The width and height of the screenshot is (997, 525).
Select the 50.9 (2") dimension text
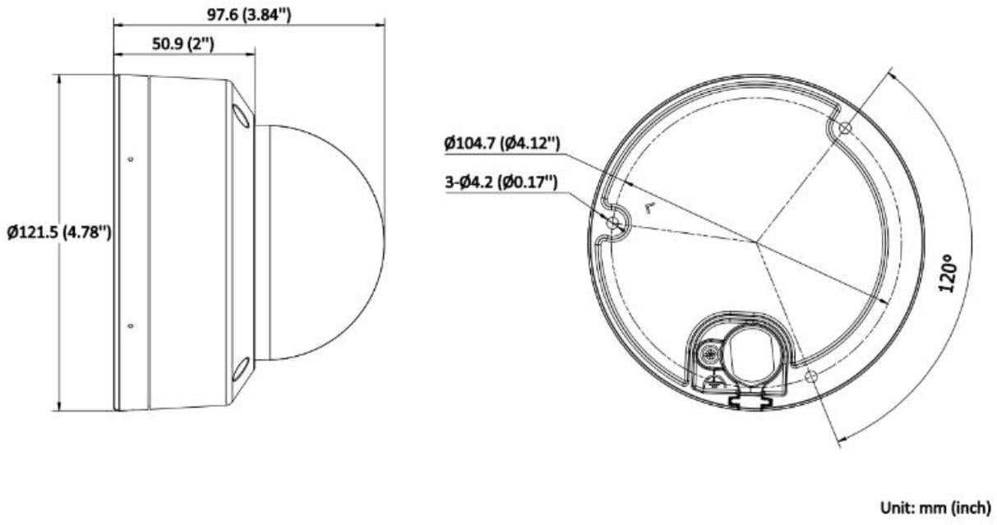pyautogui.click(x=183, y=45)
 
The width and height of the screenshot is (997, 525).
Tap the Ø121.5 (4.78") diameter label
pyautogui.click(x=58, y=233)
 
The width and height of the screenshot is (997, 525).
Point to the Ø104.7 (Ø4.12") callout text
pyautogui.click(x=502, y=144)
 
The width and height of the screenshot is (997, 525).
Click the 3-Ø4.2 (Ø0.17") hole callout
pyautogui.click(x=501, y=182)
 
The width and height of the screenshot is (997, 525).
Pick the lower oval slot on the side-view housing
pyautogui.click(x=242, y=371)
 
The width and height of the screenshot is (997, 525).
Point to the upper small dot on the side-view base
pyautogui.click(x=132, y=157)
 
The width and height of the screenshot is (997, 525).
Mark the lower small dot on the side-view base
pyautogui.click(x=132, y=327)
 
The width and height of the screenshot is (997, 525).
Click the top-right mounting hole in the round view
pyautogui.click(x=843, y=128)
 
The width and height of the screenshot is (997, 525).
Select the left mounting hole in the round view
pyautogui.click(x=612, y=223)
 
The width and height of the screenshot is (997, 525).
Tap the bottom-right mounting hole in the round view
pyautogui.click(x=811, y=376)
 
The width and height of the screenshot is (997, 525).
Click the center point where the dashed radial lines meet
pyautogui.click(x=756, y=242)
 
